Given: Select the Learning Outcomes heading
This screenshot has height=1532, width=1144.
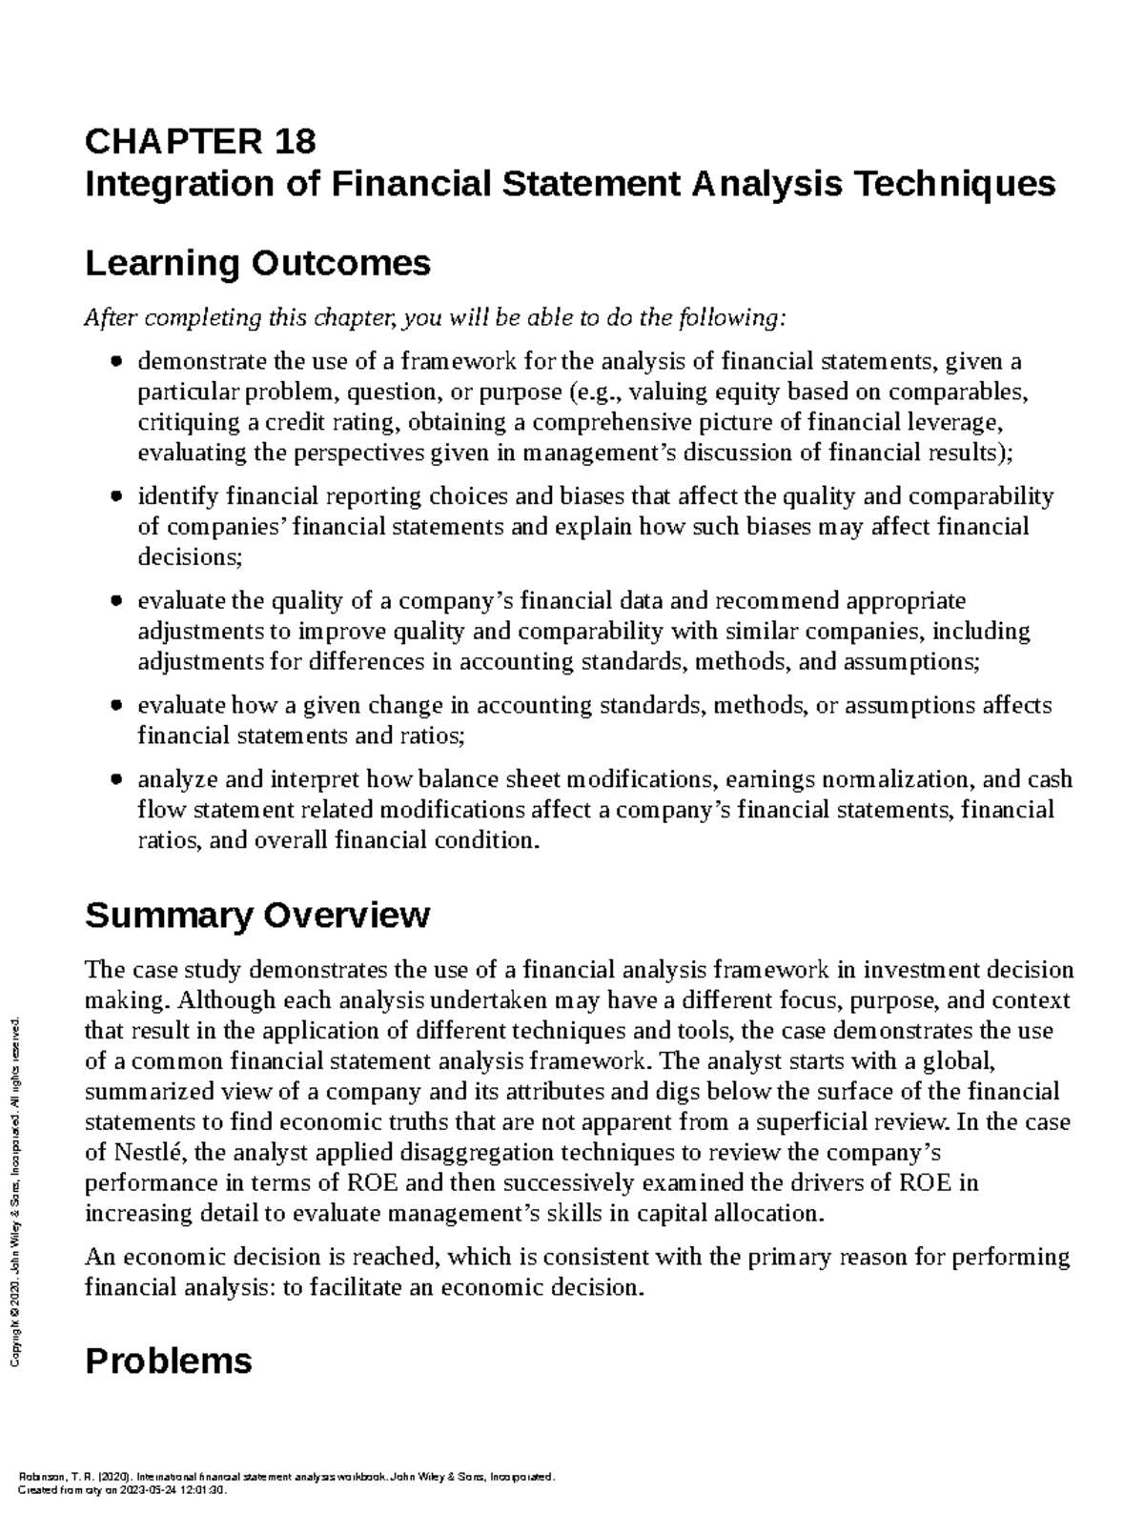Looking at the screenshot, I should tap(257, 263).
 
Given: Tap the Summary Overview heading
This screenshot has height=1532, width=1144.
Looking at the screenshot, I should tap(257, 916).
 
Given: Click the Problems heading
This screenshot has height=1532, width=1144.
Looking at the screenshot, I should tap(169, 1361).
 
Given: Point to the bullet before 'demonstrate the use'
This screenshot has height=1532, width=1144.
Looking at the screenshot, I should tap(116, 362).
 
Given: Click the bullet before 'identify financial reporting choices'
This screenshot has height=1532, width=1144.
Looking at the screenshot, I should tap(116, 496).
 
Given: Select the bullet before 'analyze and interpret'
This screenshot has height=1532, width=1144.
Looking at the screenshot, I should tap(116, 779).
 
